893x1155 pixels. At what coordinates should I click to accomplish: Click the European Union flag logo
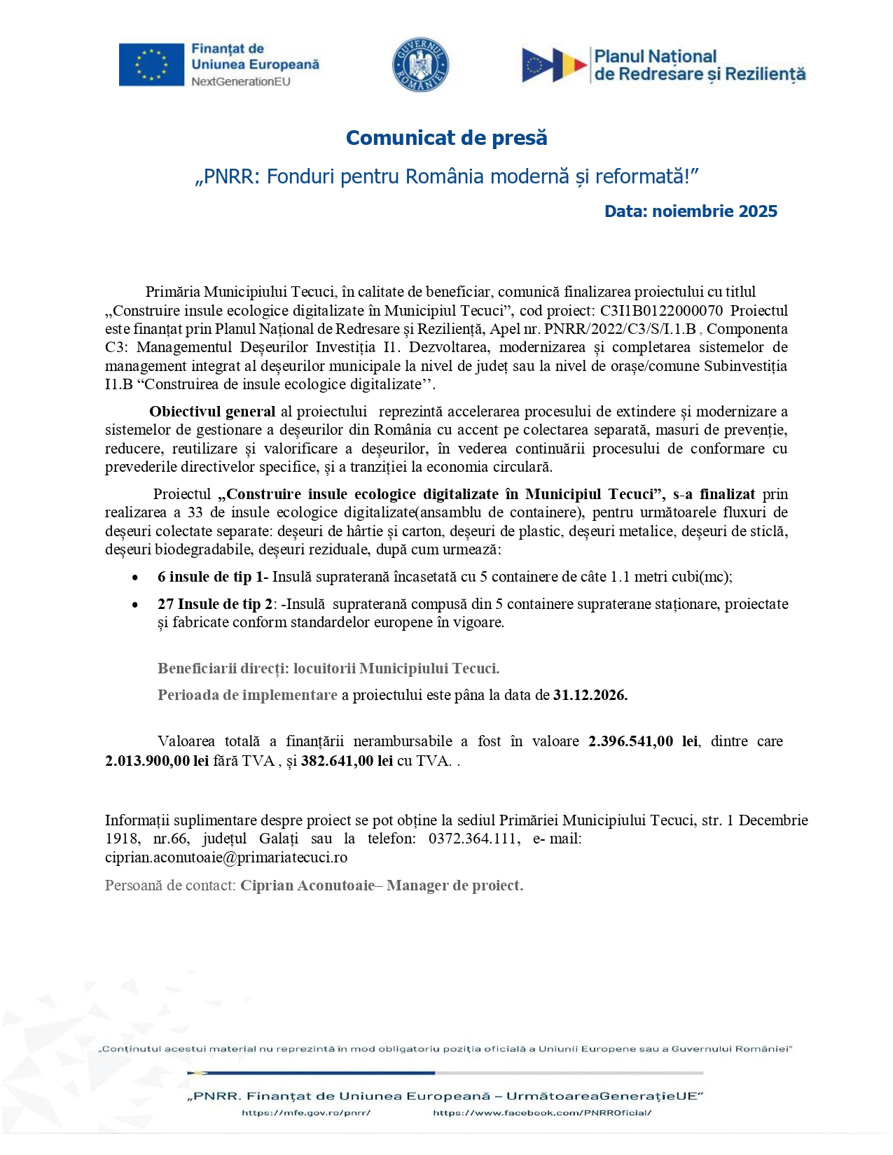coord(151,65)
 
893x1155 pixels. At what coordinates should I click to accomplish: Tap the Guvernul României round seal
coord(420,65)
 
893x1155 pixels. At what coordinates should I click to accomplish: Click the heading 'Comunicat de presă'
coord(446,138)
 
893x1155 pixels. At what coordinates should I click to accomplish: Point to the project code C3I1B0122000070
coord(661,311)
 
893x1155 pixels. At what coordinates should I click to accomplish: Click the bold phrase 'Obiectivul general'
coord(212,412)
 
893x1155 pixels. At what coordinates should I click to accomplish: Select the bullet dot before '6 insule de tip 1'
coord(135,577)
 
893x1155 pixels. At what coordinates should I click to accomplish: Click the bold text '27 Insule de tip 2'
coord(215,604)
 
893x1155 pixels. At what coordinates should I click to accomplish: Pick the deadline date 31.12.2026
coord(590,695)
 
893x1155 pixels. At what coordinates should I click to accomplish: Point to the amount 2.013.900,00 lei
coord(157,761)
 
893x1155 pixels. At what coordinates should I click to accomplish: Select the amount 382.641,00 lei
coord(347,761)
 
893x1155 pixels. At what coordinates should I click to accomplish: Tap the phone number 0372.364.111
coord(473,839)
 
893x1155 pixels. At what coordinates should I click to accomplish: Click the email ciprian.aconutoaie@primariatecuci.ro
coord(226,857)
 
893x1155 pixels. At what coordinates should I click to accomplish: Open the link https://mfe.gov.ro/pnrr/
coord(306,1112)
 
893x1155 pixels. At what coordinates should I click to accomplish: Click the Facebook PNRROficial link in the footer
coord(542,1112)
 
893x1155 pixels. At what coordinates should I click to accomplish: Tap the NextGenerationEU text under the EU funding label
coord(241,81)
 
